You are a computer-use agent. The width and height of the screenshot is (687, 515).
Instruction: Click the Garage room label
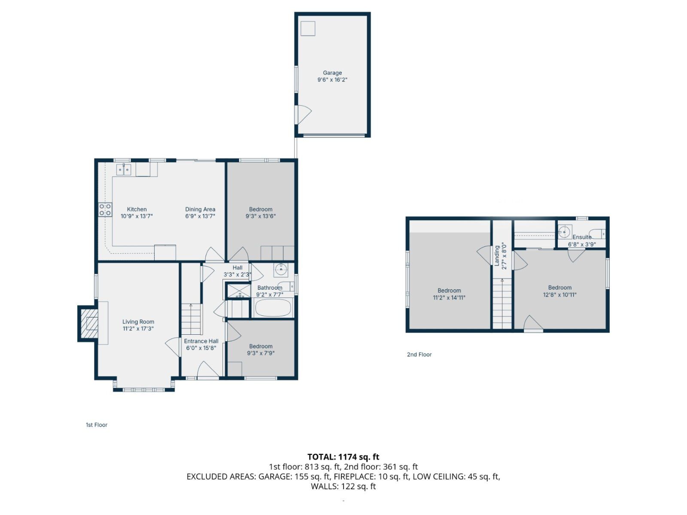[x=332, y=73]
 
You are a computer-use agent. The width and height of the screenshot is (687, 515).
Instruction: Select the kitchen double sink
[x=124, y=170]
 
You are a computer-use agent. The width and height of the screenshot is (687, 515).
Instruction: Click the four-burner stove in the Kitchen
[x=105, y=210]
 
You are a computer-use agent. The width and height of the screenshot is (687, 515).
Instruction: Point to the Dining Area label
[x=200, y=209]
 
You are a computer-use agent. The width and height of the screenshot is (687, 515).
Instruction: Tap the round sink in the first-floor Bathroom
[x=281, y=270]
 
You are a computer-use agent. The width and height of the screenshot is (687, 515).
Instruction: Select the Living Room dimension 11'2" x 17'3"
[x=138, y=329]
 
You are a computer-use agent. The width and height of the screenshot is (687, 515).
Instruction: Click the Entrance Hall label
[x=201, y=341]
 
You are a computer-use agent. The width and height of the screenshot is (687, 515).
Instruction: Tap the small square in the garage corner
[x=308, y=29]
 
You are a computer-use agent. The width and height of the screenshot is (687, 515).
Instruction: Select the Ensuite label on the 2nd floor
[x=582, y=237]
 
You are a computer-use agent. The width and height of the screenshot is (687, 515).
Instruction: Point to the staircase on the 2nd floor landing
[x=502, y=303]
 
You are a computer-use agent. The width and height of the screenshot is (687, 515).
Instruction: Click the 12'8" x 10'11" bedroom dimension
[x=559, y=295]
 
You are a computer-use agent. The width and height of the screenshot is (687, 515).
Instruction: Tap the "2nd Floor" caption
[x=419, y=354]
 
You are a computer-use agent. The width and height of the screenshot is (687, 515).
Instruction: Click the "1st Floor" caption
[x=97, y=425]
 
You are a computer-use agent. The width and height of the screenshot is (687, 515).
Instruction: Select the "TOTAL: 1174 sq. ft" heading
[x=343, y=457]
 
